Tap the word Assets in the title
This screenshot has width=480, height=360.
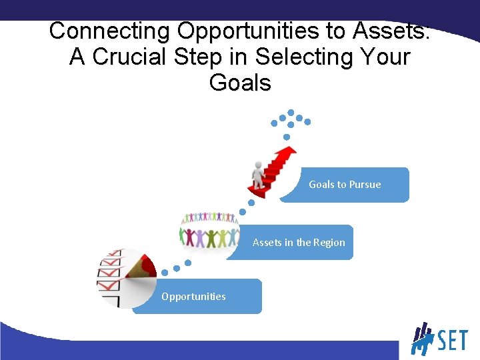[x=391, y=31]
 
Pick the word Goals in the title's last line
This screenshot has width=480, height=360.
[x=240, y=83]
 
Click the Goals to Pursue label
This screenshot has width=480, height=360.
[x=345, y=185]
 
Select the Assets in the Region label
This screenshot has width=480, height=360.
[x=299, y=243]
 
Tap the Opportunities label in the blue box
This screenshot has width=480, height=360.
[x=193, y=297]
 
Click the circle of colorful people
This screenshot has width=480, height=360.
[x=210, y=231]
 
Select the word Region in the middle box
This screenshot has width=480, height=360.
[x=329, y=243]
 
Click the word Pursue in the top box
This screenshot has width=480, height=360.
[x=365, y=185]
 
